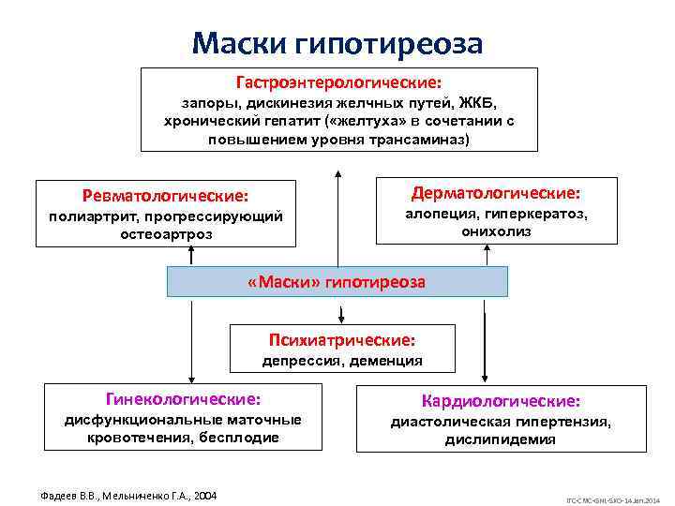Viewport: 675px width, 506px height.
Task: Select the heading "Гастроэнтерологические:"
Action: pos(338,82)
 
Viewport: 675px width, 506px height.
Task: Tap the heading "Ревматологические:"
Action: pos(165,197)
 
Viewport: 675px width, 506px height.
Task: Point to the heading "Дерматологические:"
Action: pos(496,193)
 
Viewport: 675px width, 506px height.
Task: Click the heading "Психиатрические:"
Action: pos(342,339)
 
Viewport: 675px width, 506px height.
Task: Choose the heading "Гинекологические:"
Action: pos(171,399)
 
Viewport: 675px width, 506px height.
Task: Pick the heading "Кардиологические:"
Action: pos(501,401)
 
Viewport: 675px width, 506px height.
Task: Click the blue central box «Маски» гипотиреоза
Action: pos(337,281)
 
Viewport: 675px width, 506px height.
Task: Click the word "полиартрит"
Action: pos(87,216)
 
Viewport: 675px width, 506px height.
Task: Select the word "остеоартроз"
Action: pos(166,234)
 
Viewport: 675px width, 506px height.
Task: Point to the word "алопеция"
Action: pos(439,214)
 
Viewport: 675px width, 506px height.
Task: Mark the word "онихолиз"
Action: pos(496,231)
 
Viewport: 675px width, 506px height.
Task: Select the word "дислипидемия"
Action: pos(500,439)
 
